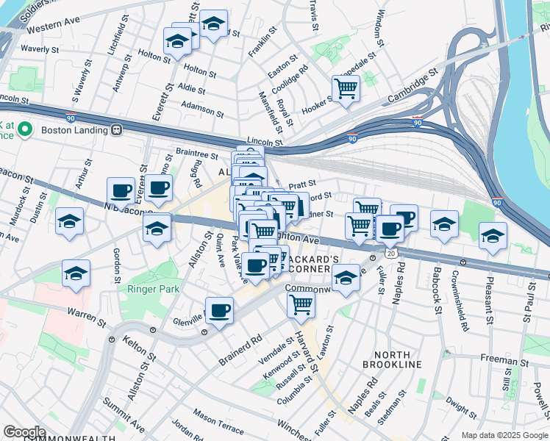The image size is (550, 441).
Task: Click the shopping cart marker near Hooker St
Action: click(346, 90)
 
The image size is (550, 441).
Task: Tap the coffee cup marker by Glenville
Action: click(219, 311)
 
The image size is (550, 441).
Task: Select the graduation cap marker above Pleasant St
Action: click(493, 236)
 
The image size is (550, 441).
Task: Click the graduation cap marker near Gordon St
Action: click(76, 273)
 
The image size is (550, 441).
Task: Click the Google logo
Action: click(25, 432)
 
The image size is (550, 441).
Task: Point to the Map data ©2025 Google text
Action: click(504, 435)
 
